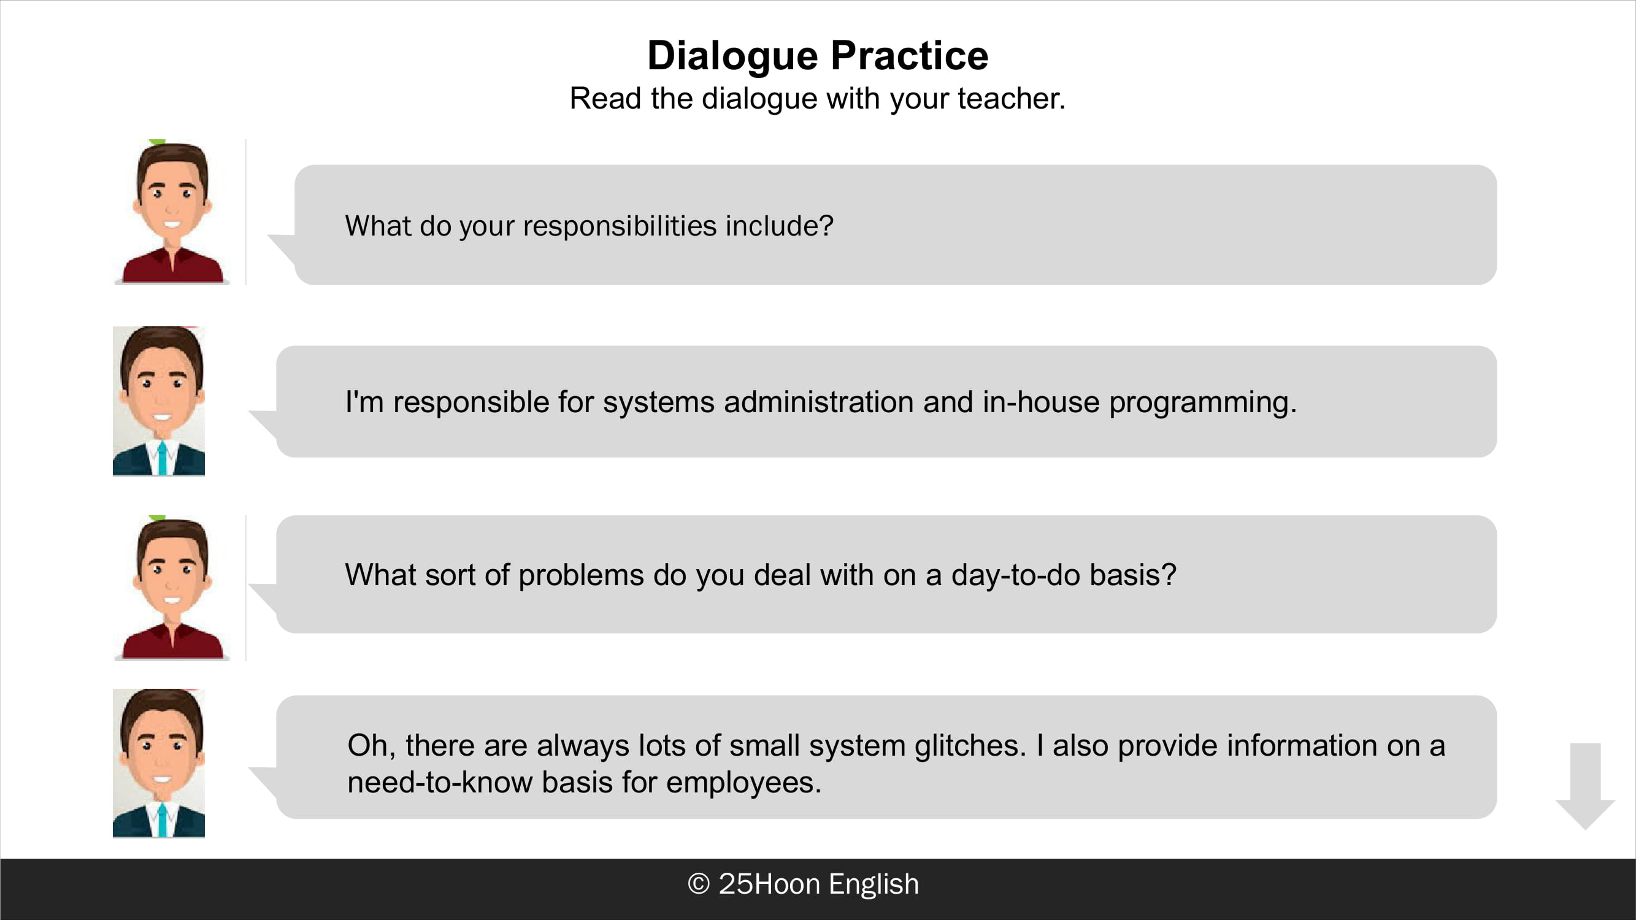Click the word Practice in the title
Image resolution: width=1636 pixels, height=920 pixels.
(910, 55)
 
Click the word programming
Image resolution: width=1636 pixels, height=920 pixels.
(1203, 403)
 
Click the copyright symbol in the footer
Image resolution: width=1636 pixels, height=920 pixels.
(699, 884)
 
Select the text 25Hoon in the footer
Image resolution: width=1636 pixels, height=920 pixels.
(769, 884)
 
